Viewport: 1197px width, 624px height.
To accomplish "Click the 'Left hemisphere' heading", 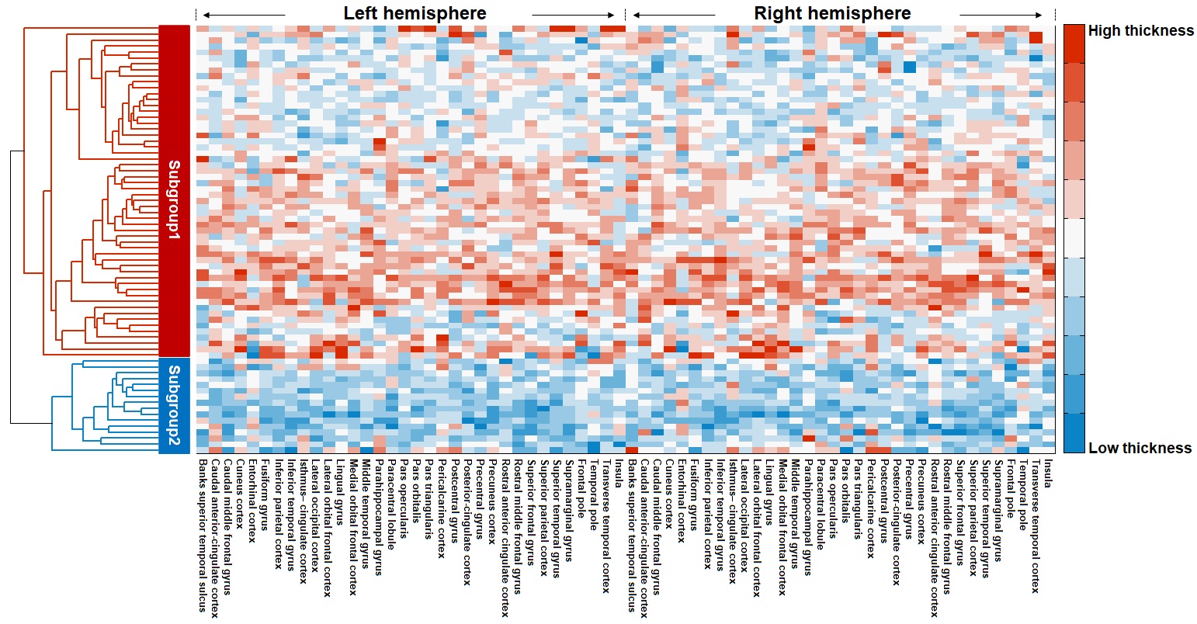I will pyautogui.click(x=415, y=14).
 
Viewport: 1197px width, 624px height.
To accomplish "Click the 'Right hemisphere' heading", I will pyautogui.click(x=832, y=14).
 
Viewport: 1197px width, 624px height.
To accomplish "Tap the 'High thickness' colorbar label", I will pyautogui.click(x=1140, y=31).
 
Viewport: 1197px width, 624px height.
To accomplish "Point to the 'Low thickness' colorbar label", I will pyautogui.click(x=1140, y=448).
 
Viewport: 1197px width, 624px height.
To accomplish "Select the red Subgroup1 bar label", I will pyautogui.click(x=174, y=199).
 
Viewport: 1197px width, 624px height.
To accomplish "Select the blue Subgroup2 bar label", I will pyautogui.click(x=174, y=405).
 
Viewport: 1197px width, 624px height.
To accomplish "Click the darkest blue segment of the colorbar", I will pyautogui.click(x=1074, y=433).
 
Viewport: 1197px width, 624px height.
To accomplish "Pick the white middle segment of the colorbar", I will pyautogui.click(x=1074, y=238).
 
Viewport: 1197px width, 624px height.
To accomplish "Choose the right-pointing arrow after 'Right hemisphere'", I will pyautogui.click(x=1001, y=15).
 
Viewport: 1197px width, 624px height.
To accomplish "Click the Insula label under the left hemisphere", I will pyautogui.click(x=619, y=473).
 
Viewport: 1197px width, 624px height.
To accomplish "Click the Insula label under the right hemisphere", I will pyautogui.click(x=1048, y=473).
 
